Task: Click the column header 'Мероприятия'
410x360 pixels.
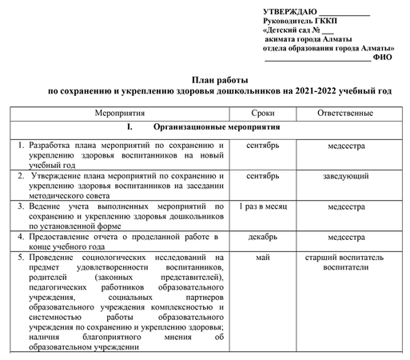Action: coord(119,113)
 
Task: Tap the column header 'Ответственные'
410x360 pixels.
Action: coord(346,113)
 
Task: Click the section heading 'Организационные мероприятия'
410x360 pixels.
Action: coord(216,128)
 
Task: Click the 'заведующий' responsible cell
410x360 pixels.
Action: coord(346,176)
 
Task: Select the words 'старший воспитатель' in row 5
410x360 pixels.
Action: coord(346,258)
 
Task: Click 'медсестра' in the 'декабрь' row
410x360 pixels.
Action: coord(346,237)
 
